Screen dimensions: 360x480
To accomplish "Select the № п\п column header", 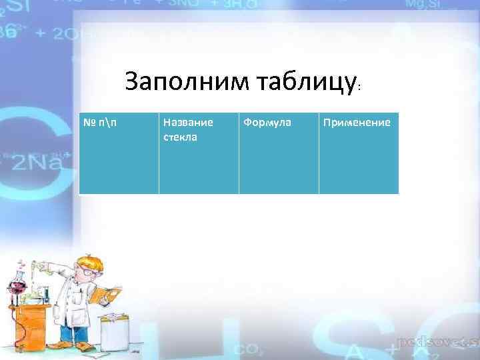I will point(99,123).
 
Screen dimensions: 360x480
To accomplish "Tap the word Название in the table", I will point(188,123).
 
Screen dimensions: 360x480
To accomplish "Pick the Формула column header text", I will point(267,123).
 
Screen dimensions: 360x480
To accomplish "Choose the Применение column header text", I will point(357,123).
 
